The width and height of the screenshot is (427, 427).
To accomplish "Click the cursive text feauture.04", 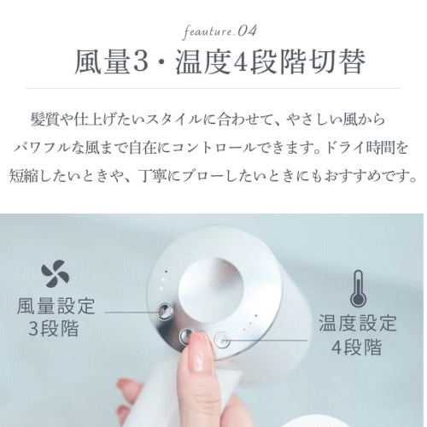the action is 219,32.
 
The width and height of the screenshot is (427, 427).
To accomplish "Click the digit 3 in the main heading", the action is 141,62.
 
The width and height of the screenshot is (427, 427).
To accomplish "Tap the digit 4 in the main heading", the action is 241,62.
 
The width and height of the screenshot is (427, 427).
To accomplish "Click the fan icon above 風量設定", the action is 56,275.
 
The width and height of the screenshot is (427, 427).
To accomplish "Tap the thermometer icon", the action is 358,289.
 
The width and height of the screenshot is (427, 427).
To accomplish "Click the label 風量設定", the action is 56,307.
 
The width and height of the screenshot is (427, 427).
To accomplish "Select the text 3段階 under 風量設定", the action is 54,328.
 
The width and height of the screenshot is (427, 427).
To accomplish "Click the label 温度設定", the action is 358,323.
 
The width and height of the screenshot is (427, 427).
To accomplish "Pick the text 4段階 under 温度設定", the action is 356,347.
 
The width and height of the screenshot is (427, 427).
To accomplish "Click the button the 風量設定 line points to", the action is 165,311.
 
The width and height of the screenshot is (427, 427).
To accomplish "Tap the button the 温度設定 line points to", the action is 222,340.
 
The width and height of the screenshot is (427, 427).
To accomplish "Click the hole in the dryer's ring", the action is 211,290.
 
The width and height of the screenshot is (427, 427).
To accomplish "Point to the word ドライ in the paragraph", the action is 344,148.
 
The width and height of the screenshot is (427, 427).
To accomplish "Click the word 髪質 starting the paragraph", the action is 45,120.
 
